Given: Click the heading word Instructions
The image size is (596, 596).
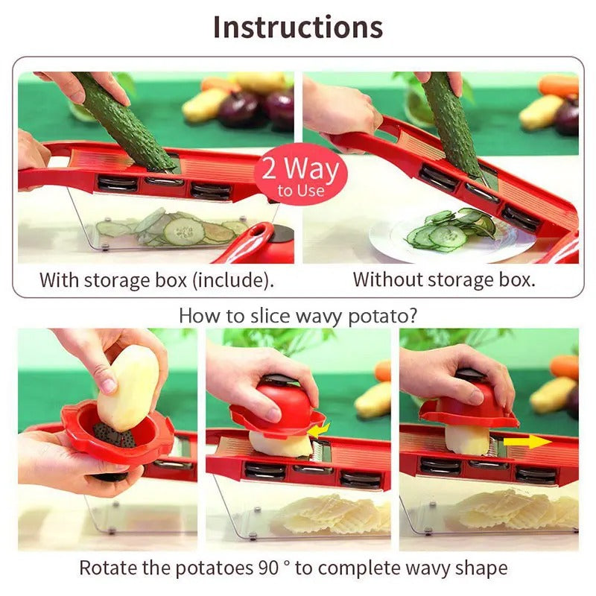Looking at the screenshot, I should coord(298,27).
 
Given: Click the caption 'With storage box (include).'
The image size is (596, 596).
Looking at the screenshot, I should coord(156,280).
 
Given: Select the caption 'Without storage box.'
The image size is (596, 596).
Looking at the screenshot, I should coord(443,280).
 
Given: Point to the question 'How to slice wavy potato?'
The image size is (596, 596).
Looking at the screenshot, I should coord(298,315).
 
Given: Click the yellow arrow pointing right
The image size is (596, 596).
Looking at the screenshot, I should coord(527,442).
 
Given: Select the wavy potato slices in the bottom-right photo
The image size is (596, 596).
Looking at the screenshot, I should coord(514,510).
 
